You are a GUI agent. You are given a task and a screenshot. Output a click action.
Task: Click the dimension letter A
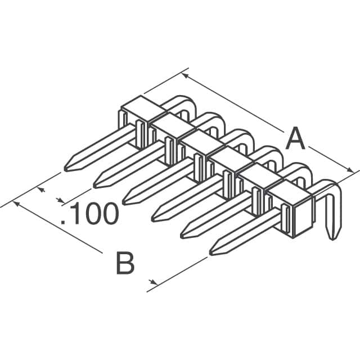pyautogui.click(x=295, y=139)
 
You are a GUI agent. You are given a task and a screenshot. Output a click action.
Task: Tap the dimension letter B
pyautogui.click(x=125, y=264)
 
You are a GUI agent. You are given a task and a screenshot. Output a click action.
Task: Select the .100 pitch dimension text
pyautogui.click(x=90, y=214)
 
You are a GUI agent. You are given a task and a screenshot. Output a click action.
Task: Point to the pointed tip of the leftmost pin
pyautogui.click(x=67, y=167)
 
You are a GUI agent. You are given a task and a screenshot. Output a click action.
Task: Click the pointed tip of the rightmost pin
pyautogui.click(x=212, y=251)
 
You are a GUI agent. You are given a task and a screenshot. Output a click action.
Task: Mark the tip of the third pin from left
pyautogui.click(x=125, y=200)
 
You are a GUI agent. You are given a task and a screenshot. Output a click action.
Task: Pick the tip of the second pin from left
pyautogui.click(x=96, y=183)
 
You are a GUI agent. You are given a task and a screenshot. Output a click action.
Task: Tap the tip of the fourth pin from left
pyautogui.click(x=154, y=217)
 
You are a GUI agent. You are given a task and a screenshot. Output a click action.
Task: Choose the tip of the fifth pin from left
pyautogui.click(x=183, y=234)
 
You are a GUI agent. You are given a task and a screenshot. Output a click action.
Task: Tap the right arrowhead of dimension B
pyautogui.click(x=152, y=281)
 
